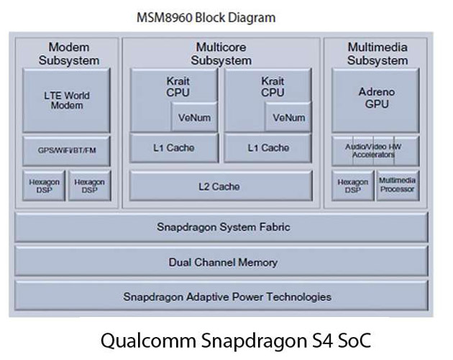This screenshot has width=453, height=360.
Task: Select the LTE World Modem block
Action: (x=67, y=100)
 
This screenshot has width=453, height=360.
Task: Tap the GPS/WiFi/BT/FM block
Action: (x=67, y=151)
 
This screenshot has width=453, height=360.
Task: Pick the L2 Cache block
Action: (x=220, y=186)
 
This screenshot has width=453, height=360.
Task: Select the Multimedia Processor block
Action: (x=397, y=185)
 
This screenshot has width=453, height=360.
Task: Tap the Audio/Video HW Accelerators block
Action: (x=374, y=151)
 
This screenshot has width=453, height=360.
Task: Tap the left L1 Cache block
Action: (x=173, y=148)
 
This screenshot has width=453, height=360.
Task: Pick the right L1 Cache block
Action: (x=267, y=148)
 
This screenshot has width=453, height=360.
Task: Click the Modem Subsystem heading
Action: (x=68, y=53)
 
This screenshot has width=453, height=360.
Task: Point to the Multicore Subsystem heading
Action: (x=221, y=53)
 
